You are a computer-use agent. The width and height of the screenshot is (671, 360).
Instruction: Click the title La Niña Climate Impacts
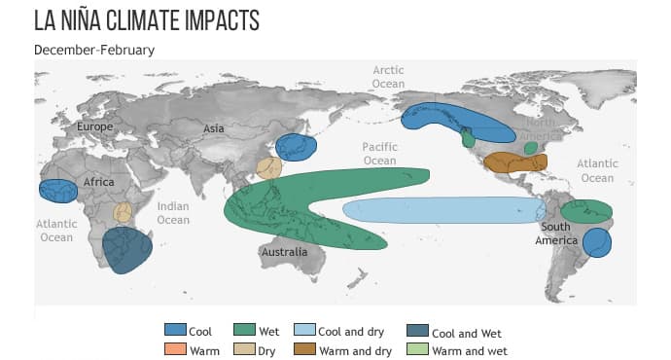point(160,21)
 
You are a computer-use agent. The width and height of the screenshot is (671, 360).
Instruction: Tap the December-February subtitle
point(94,49)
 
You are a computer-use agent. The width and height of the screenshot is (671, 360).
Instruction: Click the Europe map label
point(95,126)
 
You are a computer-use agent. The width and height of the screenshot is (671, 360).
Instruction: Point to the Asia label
point(214,128)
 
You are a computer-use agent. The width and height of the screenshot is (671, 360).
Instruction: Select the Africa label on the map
point(99,182)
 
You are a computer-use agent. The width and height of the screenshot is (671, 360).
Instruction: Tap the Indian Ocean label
point(173,213)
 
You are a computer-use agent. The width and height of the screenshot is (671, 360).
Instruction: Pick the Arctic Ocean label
point(388,77)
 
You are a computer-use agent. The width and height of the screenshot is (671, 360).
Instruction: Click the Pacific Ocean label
point(379,154)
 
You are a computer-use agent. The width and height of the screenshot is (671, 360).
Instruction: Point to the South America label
point(561,234)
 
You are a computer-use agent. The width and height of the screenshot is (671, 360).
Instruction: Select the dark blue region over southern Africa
point(127,250)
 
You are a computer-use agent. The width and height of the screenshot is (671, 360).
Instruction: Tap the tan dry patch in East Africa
point(123,212)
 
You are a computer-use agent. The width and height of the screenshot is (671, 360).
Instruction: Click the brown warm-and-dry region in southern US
point(513,162)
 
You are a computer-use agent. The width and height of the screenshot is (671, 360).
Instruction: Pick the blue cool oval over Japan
point(296,148)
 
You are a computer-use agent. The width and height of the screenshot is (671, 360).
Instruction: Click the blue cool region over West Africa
point(58,191)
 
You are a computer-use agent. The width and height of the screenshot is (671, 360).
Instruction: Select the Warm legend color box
point(175,350)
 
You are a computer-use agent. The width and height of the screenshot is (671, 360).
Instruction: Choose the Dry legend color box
point(244,350)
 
